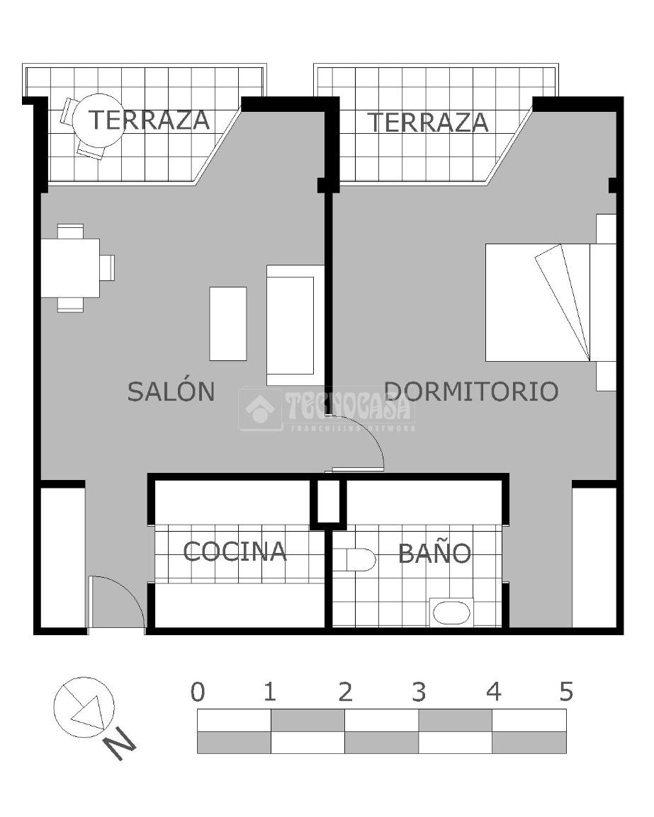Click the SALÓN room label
tap(171, 391)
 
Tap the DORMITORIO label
tap(471, 392)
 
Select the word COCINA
tap(235, 552)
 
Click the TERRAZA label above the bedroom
tap(428, 122)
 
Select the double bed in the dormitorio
tap(551, 302)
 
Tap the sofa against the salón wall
tap(295, 325)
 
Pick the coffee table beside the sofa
tap(228, 324)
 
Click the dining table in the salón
tap(70, 268)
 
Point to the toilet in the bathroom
tap(355, 559)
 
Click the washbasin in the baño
tap(451, 613)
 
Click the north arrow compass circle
tap(84, 707)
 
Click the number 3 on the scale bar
tap(419, 692)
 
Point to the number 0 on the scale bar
tap(198, 692)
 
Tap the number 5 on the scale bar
tap(566, 692)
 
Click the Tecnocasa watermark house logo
tap(260, 409)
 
